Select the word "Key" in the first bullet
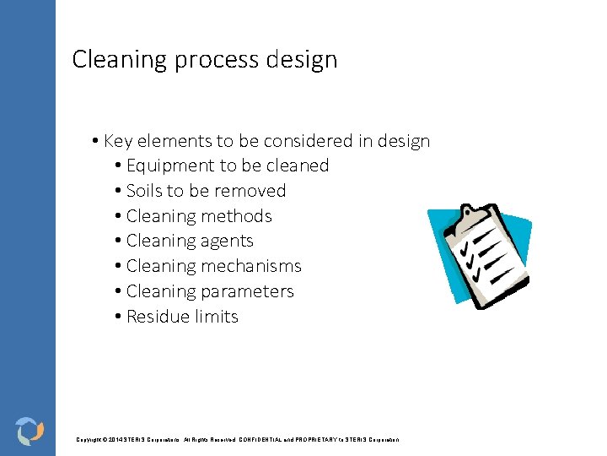pos(118,141)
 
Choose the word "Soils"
pos(146,191)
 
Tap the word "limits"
pos(218,317)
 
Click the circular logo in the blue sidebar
pos(30,430)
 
